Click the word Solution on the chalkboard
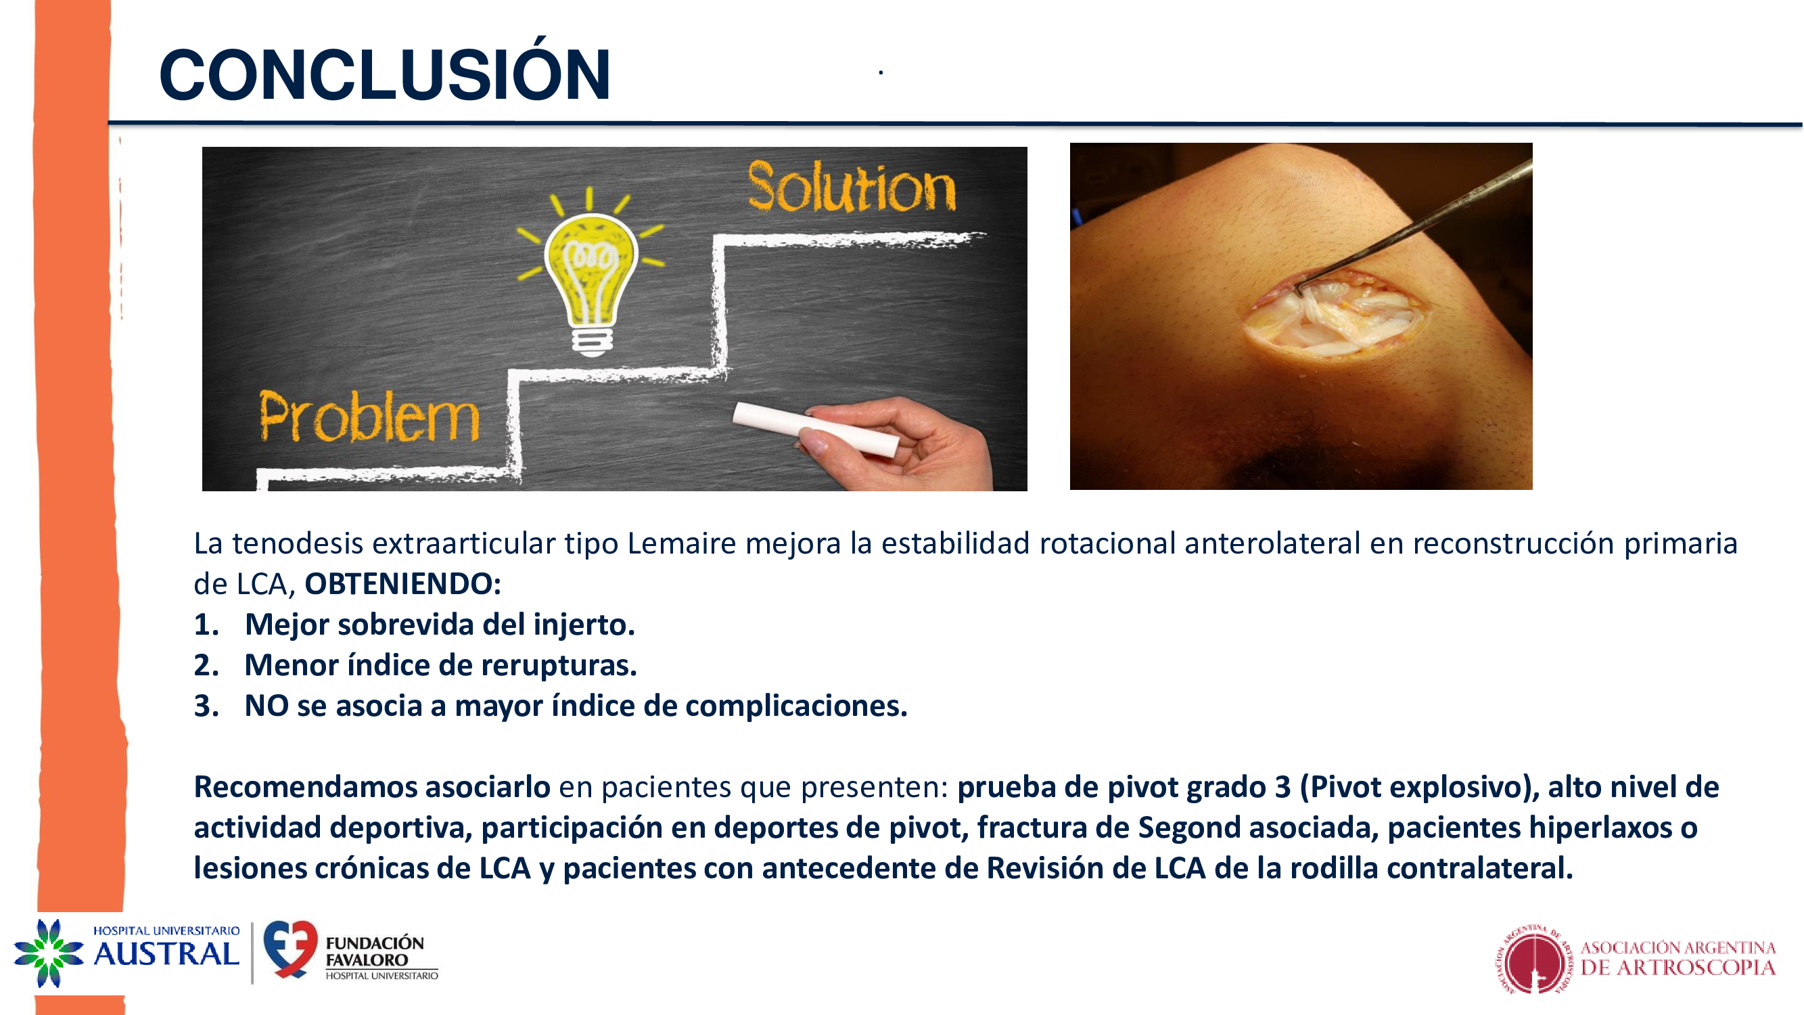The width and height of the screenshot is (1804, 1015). (x=852, y=187)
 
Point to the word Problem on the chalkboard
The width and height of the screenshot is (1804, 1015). (x=369, y=417)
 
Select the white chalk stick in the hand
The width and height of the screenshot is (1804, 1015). (x=816, y=430)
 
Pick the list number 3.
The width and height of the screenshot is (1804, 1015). (x=206, y=706)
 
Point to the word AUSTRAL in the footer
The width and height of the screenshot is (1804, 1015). (x=166, y=955)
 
